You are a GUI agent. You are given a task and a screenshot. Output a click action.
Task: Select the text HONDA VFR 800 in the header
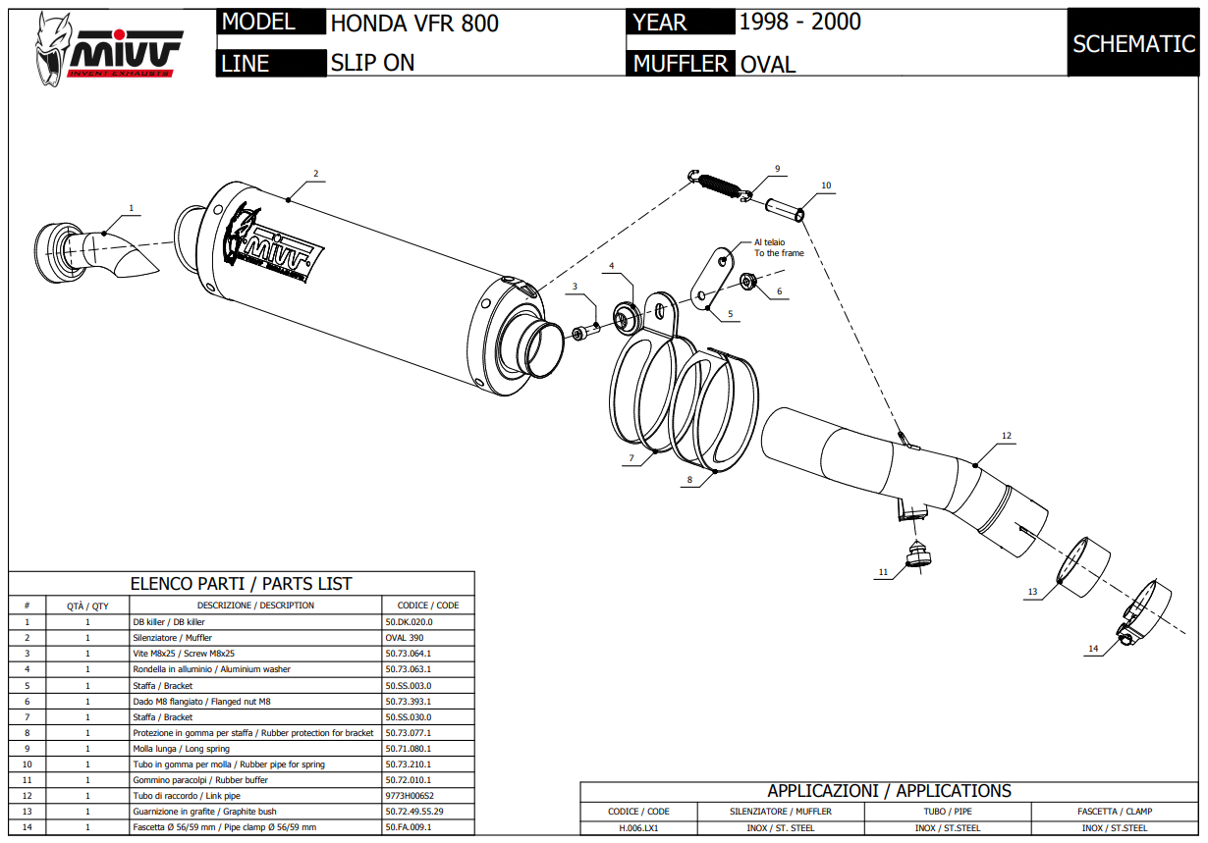point(414,24)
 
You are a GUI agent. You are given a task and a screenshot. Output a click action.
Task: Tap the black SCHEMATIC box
point(1133,44)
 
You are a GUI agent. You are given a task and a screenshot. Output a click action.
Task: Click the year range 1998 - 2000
point(799,22)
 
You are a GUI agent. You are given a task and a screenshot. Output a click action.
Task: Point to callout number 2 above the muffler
point(316,174)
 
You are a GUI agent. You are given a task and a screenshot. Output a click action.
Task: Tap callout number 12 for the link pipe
point(1007,435)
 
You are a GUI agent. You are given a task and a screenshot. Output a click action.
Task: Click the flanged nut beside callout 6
point(746,284)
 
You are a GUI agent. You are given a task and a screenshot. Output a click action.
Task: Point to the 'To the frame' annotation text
point(779,253)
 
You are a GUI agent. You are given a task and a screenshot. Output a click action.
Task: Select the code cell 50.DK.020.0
point(410,622)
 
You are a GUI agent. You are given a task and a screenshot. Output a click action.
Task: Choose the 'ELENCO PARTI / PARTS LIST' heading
point(241,584)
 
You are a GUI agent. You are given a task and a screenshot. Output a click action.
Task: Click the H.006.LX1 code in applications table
point(638,828)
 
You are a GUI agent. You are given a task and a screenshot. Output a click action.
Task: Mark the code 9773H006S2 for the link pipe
point(410,796)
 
